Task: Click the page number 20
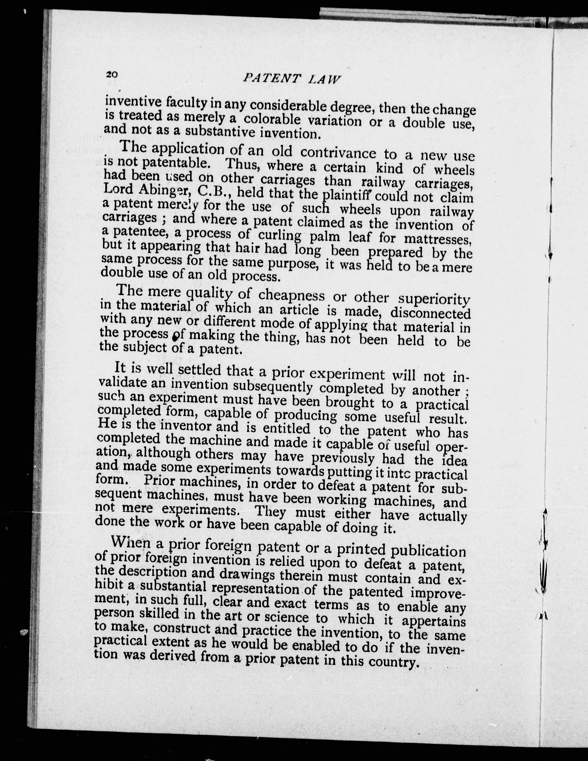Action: click(x=112, y=75)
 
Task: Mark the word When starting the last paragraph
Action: click(x=128, y=543)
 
